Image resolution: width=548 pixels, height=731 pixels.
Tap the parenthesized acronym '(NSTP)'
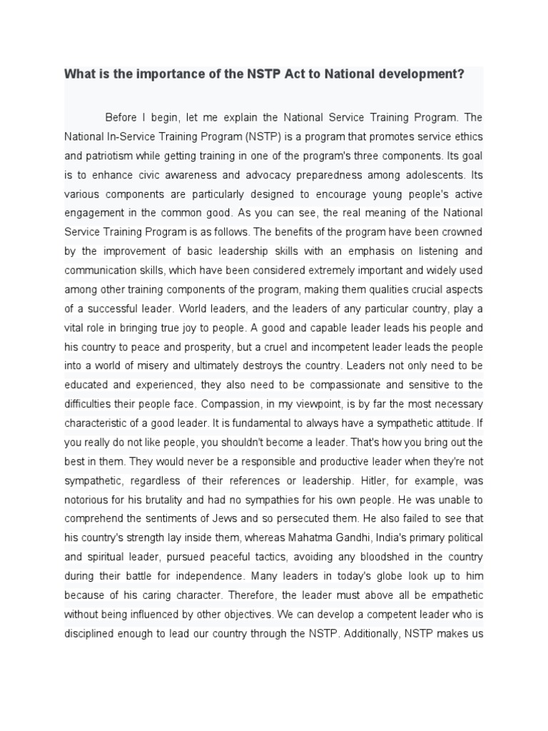point(247,136)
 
